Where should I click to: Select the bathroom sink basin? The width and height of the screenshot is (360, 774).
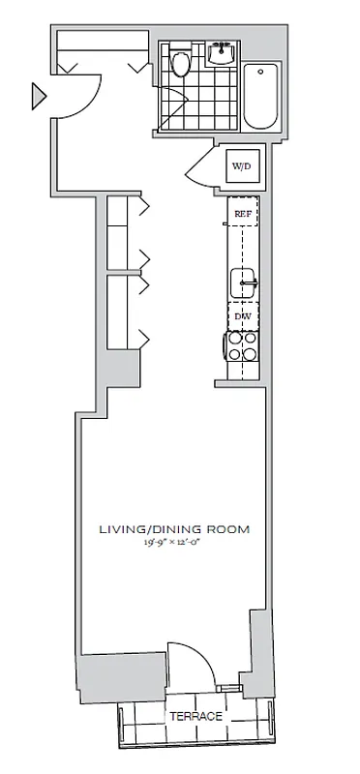tap(222, 52)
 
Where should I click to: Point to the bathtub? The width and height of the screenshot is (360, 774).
tap(261, 96)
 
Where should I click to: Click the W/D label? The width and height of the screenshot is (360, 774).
tap(240, 167)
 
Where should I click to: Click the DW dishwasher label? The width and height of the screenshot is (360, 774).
tap(240, 316)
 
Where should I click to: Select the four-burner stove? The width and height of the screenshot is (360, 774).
tap(241, 348)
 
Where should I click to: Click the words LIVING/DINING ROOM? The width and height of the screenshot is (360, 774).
tap(174, 529)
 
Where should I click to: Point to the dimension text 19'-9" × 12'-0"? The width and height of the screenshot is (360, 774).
tap(174, 545)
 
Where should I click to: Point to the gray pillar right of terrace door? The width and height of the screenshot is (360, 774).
tap(258, 643)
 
